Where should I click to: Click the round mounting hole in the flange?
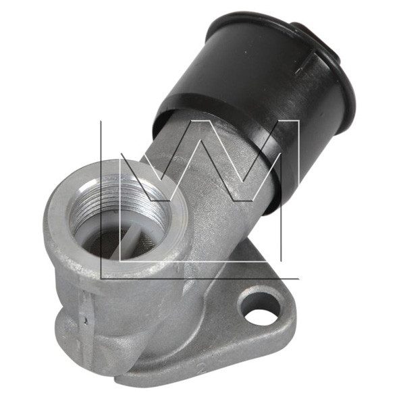pyautogui.click(x=259, y=307)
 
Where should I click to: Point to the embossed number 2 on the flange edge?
pyautogui.click(x=203, y=367)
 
